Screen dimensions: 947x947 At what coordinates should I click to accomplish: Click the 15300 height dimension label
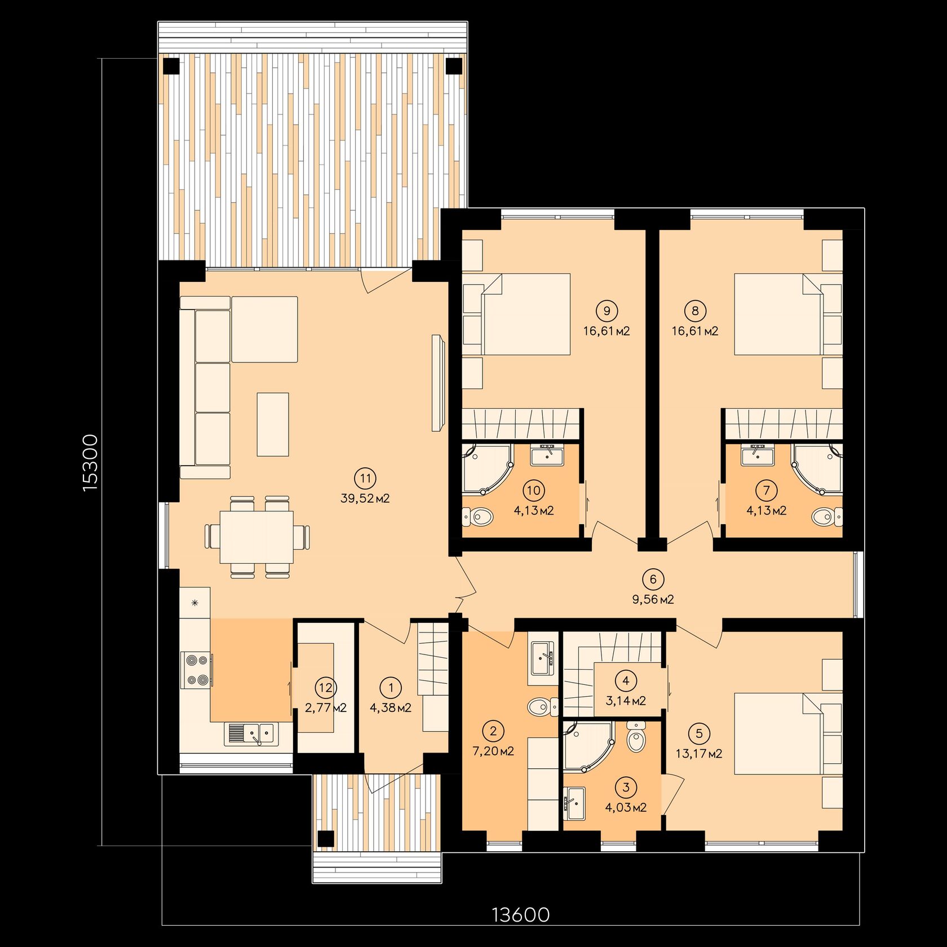pos(90,462)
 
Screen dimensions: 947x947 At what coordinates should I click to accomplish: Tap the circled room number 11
pos(365,479)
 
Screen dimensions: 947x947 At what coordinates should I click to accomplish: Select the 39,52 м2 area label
pos(365,498)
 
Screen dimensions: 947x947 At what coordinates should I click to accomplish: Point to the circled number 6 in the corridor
pos(653,579)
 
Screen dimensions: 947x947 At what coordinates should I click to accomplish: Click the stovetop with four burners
pos(197,670)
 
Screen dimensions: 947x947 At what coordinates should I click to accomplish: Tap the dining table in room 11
pos(256,537)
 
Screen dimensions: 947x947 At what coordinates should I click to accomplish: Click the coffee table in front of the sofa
pos(273,424)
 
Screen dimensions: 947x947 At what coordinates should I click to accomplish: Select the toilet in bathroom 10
pos(477,516)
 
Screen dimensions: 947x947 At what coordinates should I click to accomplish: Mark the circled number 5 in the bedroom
pos(699,733)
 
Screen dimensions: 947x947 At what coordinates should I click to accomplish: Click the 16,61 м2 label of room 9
pos(607,331)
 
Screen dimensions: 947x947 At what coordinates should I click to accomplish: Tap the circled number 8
pos(695,311)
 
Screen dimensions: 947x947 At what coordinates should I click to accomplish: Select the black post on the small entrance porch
pos(325,839)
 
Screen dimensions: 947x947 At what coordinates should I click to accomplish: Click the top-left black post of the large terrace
pos(172,66)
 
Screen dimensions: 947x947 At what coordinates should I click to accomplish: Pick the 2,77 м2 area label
pos(326,707)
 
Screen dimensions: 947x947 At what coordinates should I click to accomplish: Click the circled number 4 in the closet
pos(626,680)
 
